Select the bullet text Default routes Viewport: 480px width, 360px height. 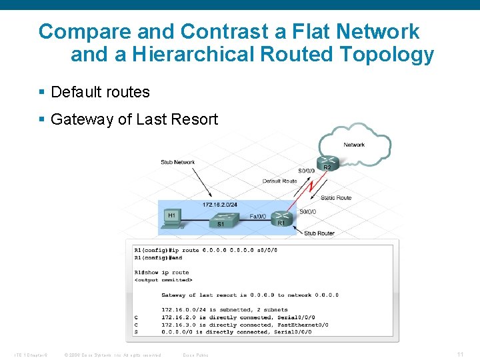100,92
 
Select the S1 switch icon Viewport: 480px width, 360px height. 221,218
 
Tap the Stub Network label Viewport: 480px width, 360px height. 177,162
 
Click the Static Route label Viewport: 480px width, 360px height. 335,197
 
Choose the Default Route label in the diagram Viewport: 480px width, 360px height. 279,181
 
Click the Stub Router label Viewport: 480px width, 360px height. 319,233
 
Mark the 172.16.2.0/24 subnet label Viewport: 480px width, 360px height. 220,205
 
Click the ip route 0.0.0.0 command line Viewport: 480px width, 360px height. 205,250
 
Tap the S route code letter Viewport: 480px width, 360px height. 136,331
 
